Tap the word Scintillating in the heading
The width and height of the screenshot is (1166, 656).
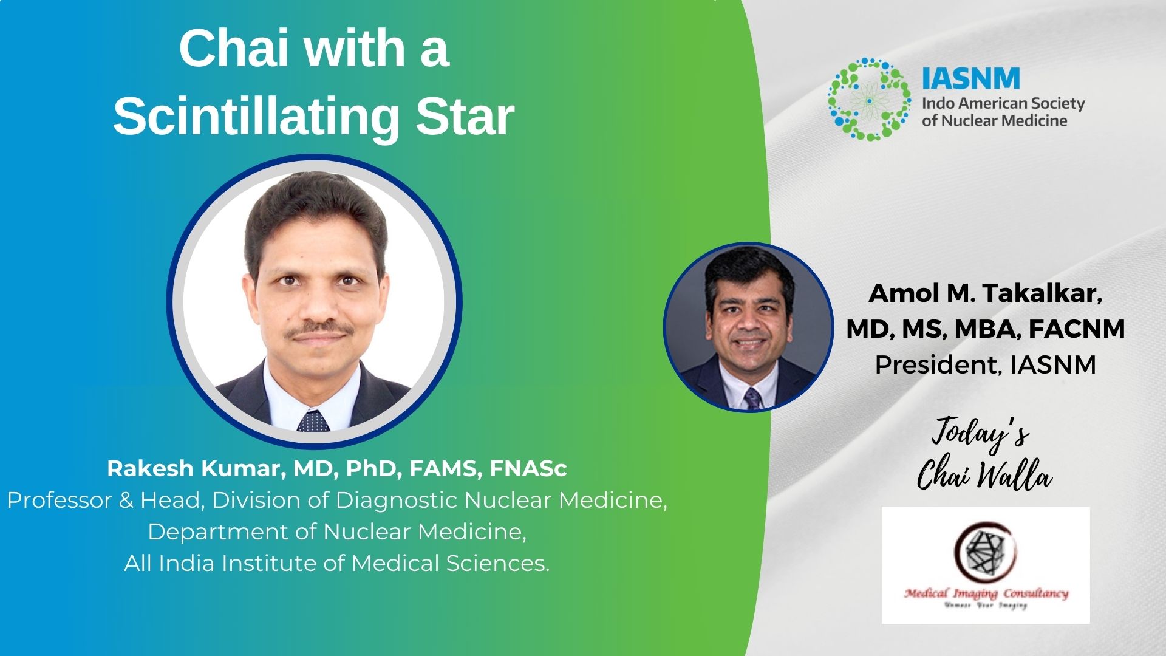coord(256,117)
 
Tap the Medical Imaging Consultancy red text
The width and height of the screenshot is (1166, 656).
coord(986,593)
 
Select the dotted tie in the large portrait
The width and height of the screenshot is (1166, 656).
coord(313,420)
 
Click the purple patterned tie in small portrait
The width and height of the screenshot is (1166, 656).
coord(753,398)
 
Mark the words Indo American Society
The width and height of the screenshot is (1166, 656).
coord(1003,103)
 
